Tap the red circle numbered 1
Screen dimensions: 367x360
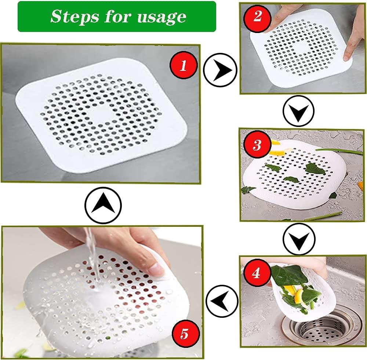(183, 65)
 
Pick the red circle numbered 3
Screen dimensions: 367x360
(257, 145)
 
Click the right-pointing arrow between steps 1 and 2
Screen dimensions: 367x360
(220, 70)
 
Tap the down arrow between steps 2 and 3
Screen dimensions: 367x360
(298, 111)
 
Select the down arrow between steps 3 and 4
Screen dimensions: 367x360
(299, 239)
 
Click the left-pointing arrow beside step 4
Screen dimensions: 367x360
(222, 301)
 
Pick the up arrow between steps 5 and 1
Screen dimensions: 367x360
(103, 205)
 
